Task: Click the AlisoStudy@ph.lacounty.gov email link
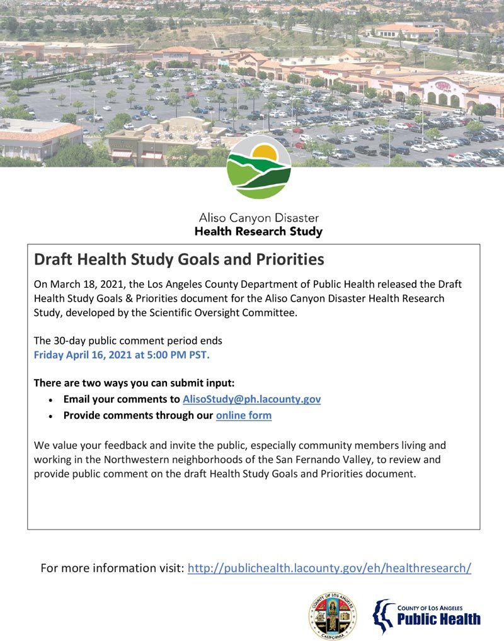click(251, 399)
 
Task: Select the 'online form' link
click(244, 416)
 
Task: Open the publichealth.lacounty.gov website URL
click(329, 568)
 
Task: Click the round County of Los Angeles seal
click(332, 615)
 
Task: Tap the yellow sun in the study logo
click(270, 153)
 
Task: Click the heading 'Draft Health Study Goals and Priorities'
click(179, 259)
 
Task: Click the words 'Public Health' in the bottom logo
click(438, 620)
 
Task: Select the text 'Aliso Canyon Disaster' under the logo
click(258, 218)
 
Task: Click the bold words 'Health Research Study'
click(258, 232)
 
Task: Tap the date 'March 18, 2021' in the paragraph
click(84, 284)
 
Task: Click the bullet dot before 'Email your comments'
click(50, 400)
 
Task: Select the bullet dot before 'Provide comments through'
click(50, 416)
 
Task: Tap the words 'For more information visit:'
click(112, 568)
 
